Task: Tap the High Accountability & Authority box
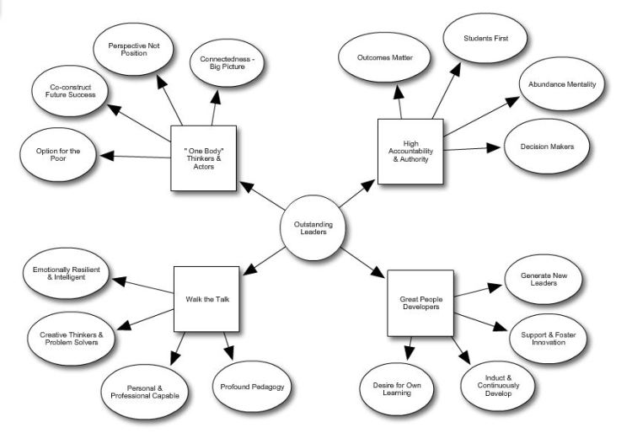point(410,152)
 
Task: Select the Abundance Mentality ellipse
point(563,85)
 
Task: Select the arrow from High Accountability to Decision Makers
point(473,149)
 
